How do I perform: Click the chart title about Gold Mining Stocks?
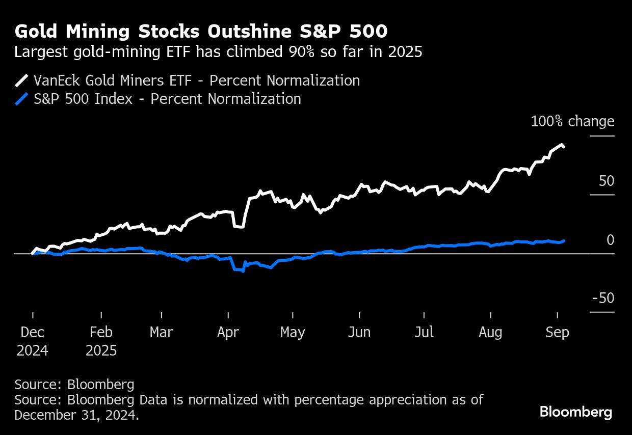tap(201, 32)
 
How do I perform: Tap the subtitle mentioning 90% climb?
tap(218, 52)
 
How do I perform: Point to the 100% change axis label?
tap(572, 122)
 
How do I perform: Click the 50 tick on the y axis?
tap(607, 181)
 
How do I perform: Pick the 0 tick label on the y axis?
tap(610, 240)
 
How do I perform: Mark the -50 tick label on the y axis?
tap(603, 298)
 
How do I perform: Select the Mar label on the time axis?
tap(161, 333)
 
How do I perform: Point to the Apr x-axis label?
tap(228, 333)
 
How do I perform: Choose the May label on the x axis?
tap(293, 333)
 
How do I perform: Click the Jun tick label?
tap(359, 333)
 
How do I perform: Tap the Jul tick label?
tap(424, 333)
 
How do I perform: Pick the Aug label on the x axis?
tap(490, 333)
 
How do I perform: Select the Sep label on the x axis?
tap(557, 333)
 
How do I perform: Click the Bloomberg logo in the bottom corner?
tap(576, 412)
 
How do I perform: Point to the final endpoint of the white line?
tap(563, 147)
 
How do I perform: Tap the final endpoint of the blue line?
tap(563, 240)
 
